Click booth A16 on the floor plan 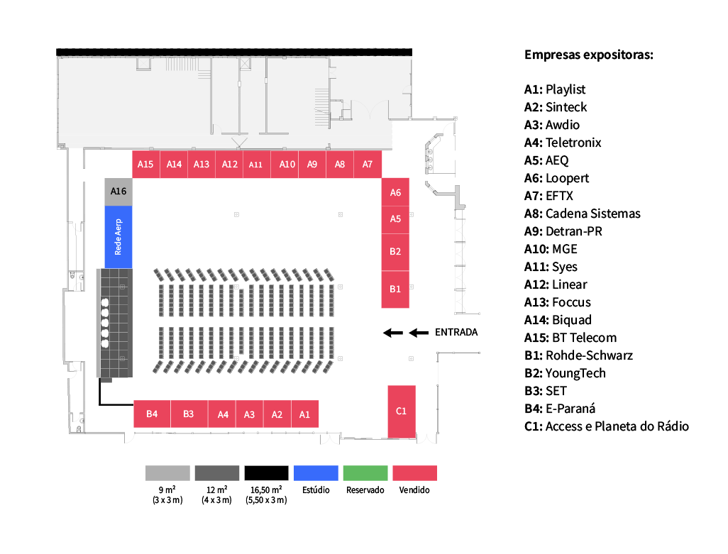[x=118, y=192]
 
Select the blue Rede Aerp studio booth [x=118, y=237]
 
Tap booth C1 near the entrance [x=402, y=411]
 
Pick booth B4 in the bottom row [x=152, y=414]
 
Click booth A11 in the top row [x=256, y=165]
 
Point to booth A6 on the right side [x=396, y=192]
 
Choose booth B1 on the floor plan [x=396, y=289]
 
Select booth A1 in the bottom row [x=304, y=414]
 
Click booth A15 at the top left [x=145, y=164]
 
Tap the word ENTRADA [x=456, y=332]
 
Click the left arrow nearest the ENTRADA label [x=419, y=332]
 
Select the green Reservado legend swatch [x=365, y=473]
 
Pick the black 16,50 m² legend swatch [x=266, y=473]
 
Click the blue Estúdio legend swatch [x=316, y=473]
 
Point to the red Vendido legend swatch [x=414, y=473]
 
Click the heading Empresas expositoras [x=589, y=55]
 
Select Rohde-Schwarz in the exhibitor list [x=589, y=355]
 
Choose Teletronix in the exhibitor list [x=573, y=143]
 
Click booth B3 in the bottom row [x=189, y=414]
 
